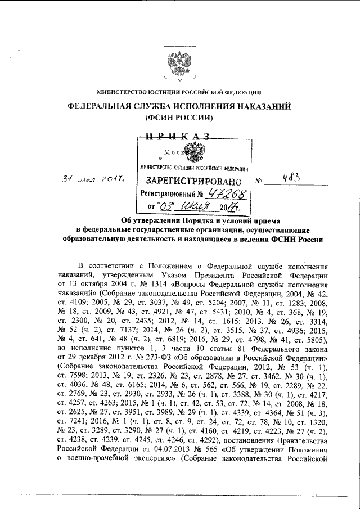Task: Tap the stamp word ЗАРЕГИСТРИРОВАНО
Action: (x=195, y=182)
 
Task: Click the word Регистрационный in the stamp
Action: (x=166, y=195)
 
